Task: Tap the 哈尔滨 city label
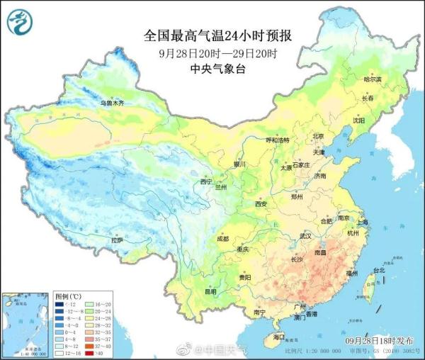[x=372, y=79]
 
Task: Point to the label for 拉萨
[x=117, y=240]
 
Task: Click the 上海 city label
[x=362, y=222]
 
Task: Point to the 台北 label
[x=379, y=270]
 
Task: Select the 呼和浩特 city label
[x=277, y=140]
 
